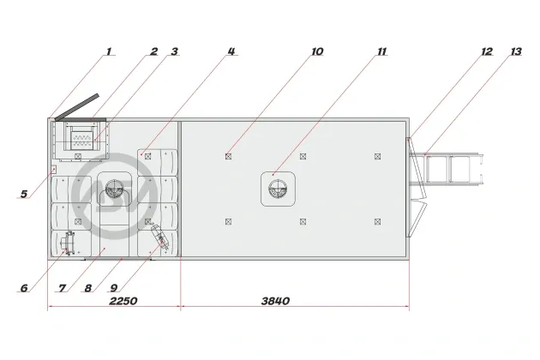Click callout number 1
pos(109,51)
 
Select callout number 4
pos(231,51)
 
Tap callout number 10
pos(317,51)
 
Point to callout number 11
pos(382,51)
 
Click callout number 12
pos(487,51)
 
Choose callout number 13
pos(516,51)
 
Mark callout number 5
pos(24,194)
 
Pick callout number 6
pos(24,288)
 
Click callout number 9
pos(114,288)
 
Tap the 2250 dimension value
pos(123,301)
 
